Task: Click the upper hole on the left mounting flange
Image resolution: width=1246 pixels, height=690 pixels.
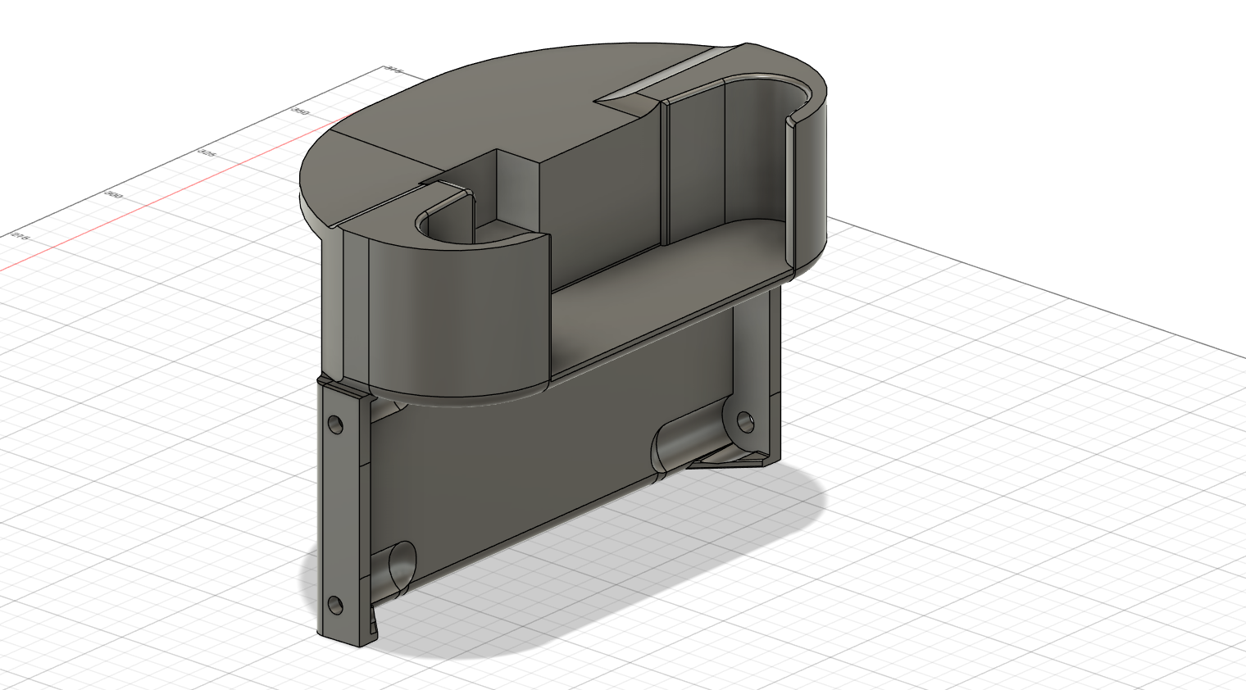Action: coord(334,424)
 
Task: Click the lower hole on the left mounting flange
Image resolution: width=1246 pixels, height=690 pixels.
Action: coord(334,605)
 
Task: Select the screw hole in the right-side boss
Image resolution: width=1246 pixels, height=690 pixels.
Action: coord(745,421)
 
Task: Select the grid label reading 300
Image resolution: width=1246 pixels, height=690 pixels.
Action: coord(114,195)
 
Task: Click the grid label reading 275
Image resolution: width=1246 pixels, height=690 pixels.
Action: coord(20,237)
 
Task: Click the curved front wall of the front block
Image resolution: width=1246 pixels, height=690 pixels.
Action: coord(459,320)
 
